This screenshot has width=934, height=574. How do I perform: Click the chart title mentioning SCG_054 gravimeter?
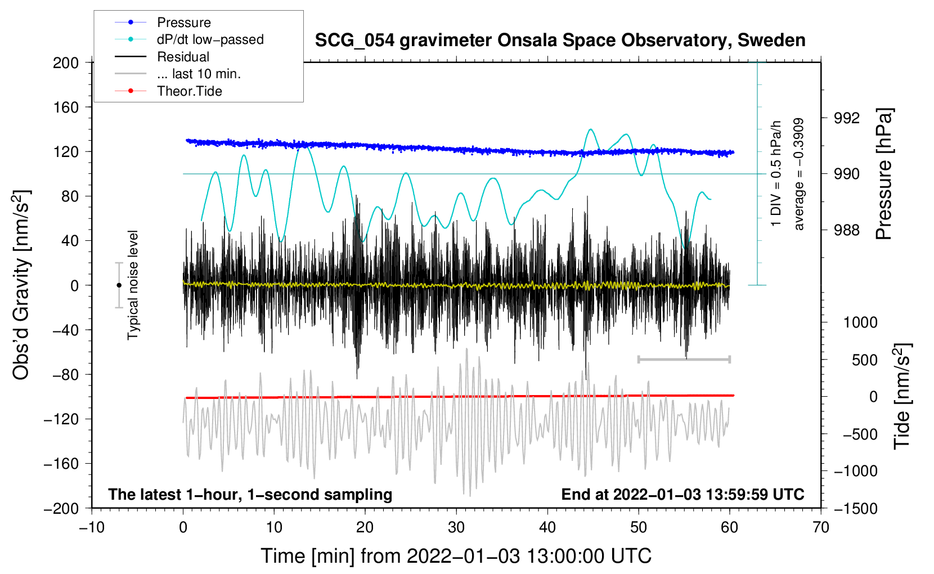(560, 41)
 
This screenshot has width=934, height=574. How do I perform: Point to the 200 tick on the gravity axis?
(66, 63)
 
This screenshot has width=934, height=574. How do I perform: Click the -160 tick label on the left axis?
(61, 464)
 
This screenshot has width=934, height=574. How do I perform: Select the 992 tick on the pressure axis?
(847, 118)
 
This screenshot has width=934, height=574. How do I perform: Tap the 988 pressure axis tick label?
(847, 230)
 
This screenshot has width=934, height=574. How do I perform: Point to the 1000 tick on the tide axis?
(860, 322)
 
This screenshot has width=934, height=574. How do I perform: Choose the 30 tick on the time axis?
(456, 528)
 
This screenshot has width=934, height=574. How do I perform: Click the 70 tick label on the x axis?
(820, 528)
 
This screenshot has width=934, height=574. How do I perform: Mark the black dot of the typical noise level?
(119, 285)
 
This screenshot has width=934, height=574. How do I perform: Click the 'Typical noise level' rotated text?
(133, 285)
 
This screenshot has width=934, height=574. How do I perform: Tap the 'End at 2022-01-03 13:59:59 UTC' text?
(682, 494)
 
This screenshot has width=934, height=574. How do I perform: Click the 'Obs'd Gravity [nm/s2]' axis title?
(21, 285)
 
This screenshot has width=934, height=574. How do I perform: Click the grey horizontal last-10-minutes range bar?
(684, 359)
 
